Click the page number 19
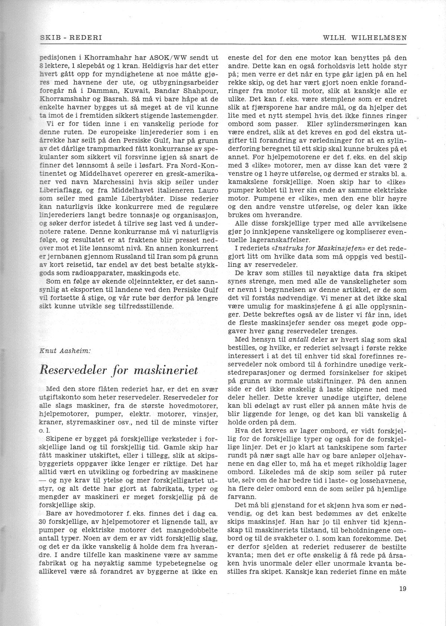click(x=402, y=589)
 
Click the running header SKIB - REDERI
click(x=71, y=38)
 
